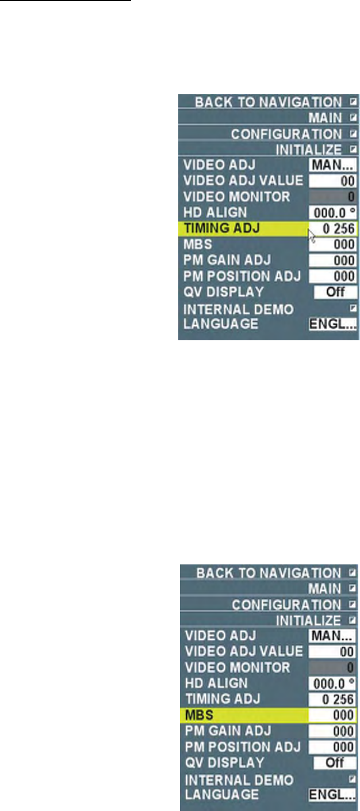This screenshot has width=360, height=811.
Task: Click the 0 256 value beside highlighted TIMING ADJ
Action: click(333, 228)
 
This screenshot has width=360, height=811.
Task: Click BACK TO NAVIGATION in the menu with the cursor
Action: click(267, 102)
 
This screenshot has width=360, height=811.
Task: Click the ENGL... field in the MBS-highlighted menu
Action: click(332, 794)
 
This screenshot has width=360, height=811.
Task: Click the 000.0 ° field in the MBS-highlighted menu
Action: click(332, 683)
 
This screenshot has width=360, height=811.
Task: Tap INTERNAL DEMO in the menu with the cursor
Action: click(238, 309)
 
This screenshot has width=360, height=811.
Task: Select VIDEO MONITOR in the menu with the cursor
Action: click(236, 197)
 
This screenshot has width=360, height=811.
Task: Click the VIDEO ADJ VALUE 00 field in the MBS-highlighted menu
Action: click(332, 652)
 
